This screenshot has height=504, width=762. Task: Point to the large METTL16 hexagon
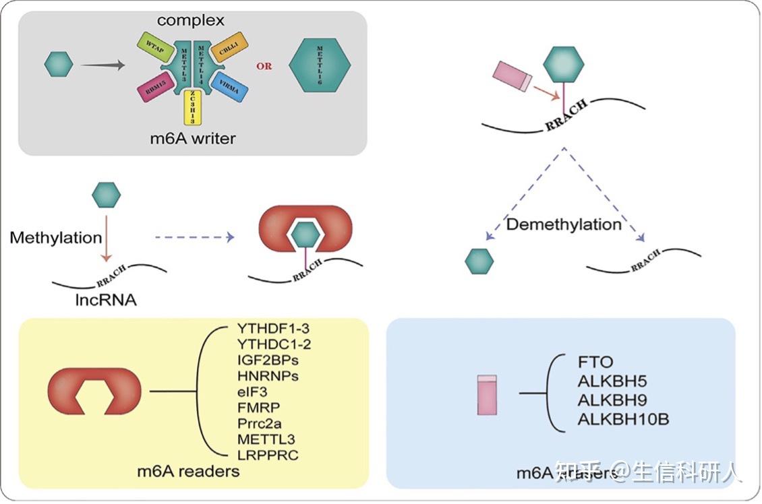[320, 66]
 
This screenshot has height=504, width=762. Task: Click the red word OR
[264, 67]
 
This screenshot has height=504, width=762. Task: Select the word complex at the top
[191, 20]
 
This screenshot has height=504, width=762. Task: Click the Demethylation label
[564, 224]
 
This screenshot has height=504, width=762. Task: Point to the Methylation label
[56, 238]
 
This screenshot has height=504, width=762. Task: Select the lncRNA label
[105, 300]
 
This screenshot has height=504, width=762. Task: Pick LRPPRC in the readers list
[267, 454]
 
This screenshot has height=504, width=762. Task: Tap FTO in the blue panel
[595, 363]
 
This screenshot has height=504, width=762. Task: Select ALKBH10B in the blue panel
[623, 420]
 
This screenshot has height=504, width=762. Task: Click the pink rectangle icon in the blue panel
[486, 394]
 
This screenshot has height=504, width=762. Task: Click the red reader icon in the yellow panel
[94, 391]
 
